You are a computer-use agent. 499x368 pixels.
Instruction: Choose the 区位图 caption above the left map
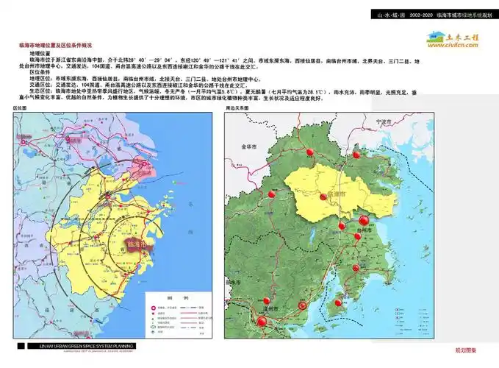[20, 107]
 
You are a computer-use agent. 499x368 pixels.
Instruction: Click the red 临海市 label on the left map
[134, 242]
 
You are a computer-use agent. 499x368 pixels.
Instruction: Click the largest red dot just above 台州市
[362, 220]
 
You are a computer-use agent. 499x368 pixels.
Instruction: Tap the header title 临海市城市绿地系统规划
[464, 15]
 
